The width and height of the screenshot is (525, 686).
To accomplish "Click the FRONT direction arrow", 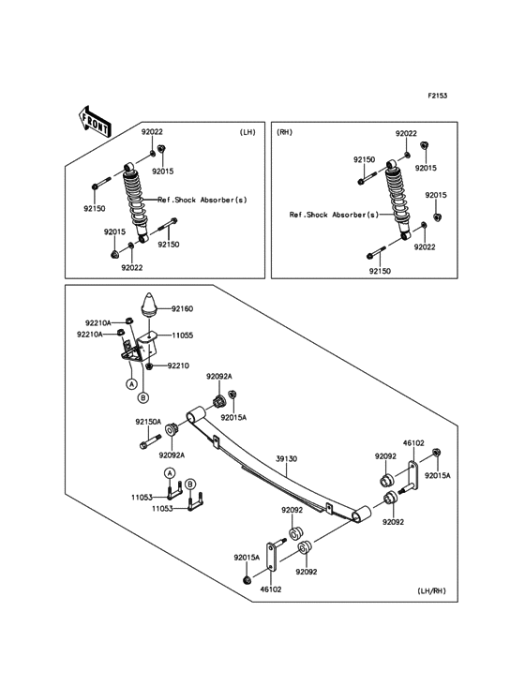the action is click(x=94, y=121).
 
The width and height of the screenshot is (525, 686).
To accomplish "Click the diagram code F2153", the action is click(x=437, y=96).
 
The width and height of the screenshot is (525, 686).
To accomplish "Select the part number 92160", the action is click(x=182, y=309).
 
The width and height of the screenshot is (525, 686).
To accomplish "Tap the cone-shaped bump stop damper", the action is click(x=149, y=304).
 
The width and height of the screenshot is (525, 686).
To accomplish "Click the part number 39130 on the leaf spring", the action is click(x=286, y=459).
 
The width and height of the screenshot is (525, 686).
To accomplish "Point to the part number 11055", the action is click(x=182, y=336).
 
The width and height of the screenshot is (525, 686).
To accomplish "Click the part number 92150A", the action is click(x=148, y=422).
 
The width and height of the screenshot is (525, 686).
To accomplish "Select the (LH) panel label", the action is click(x=247, y=132).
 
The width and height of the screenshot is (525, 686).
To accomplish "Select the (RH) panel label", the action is click(x=284, y=132).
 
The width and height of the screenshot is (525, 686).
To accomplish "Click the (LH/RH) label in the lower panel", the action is click(x=431, y=591).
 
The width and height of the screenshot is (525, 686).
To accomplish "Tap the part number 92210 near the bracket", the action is click(x=178, y=365).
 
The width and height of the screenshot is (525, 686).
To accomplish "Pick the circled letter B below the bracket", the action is click(x=143, y=397).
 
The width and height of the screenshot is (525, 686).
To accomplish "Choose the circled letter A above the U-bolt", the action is click(x=170, y=473).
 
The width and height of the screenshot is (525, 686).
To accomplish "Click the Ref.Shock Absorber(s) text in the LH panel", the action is click(x=202, y=200).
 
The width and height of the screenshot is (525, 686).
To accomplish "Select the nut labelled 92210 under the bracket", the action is click(x=149, y=365).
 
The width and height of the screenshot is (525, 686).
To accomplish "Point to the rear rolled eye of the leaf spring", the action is click(x=361, y=514).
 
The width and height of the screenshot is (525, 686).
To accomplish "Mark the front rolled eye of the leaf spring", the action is click(x=196, y=414).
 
